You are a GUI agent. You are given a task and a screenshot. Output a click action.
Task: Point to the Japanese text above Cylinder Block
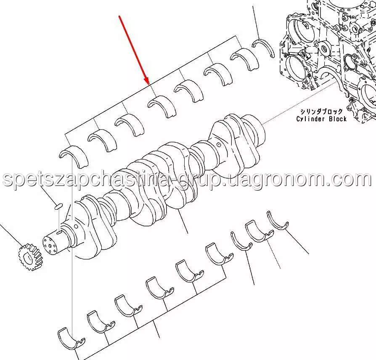pyautogui.click(x=321, y=112)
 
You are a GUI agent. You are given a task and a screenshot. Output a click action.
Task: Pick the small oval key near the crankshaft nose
pyautogui.click(x=58, y=206)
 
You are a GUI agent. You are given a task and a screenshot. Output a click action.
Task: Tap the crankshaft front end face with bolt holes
pyautogui.click(x=51, y=244)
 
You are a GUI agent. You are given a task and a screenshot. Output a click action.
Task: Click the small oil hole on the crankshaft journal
pyautogui.click(x=219, y=145)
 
